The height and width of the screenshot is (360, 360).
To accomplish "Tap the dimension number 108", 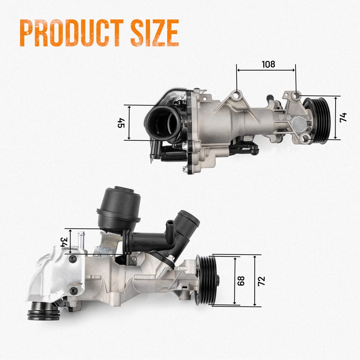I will pyautogui.click(x=268, y=64).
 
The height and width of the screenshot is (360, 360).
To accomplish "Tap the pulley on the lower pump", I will pyautogui.click(x=207, y=279).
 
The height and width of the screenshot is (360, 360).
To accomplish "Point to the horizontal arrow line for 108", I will pyautogui.click(x=266, y=70).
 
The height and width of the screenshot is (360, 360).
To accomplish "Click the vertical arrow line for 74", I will pyautogui.click(x=335, y=117).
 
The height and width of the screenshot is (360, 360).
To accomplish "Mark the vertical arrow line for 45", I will pyautogui.click(x=129, y=123).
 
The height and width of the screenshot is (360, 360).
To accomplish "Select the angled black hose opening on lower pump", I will pyautogui.click(x=189, y=219).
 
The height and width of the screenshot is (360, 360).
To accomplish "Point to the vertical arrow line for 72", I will pyautogui.click(x=255, y=280).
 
